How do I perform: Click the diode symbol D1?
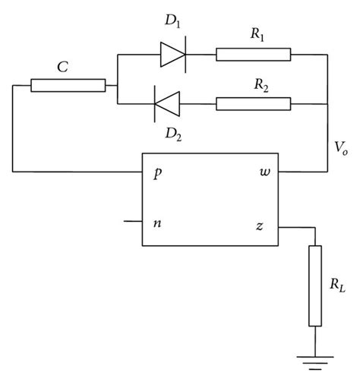tap(174, 54)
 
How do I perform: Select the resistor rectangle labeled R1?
tap(253, 54)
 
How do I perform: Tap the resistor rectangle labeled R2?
tap(253, 100)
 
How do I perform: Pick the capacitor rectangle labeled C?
tap(68, 85)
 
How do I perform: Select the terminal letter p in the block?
tap(158, 173)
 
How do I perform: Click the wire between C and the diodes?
tap(112, 85)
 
